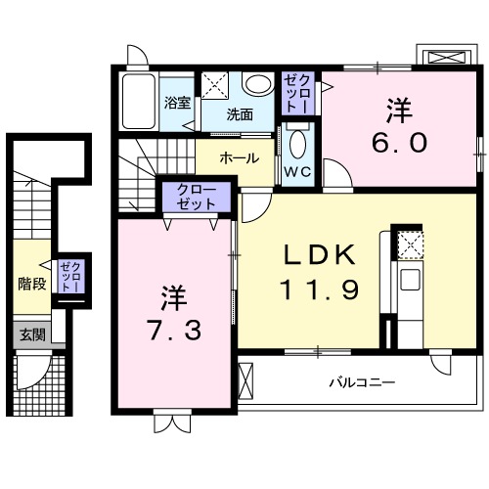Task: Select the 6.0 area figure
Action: click(398, 142)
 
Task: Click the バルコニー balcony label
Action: click(361, 382)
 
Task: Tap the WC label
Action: click(297, 170)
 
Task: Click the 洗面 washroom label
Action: click(240, 113)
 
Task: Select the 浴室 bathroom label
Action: click(177, 102)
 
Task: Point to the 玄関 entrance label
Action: click(30, 334)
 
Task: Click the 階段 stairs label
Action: click(32, 285)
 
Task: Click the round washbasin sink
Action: click(258, 84)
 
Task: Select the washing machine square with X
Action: click(216, 85)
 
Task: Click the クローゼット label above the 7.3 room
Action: click(199, 198)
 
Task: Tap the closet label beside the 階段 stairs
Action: click(70, 275)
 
